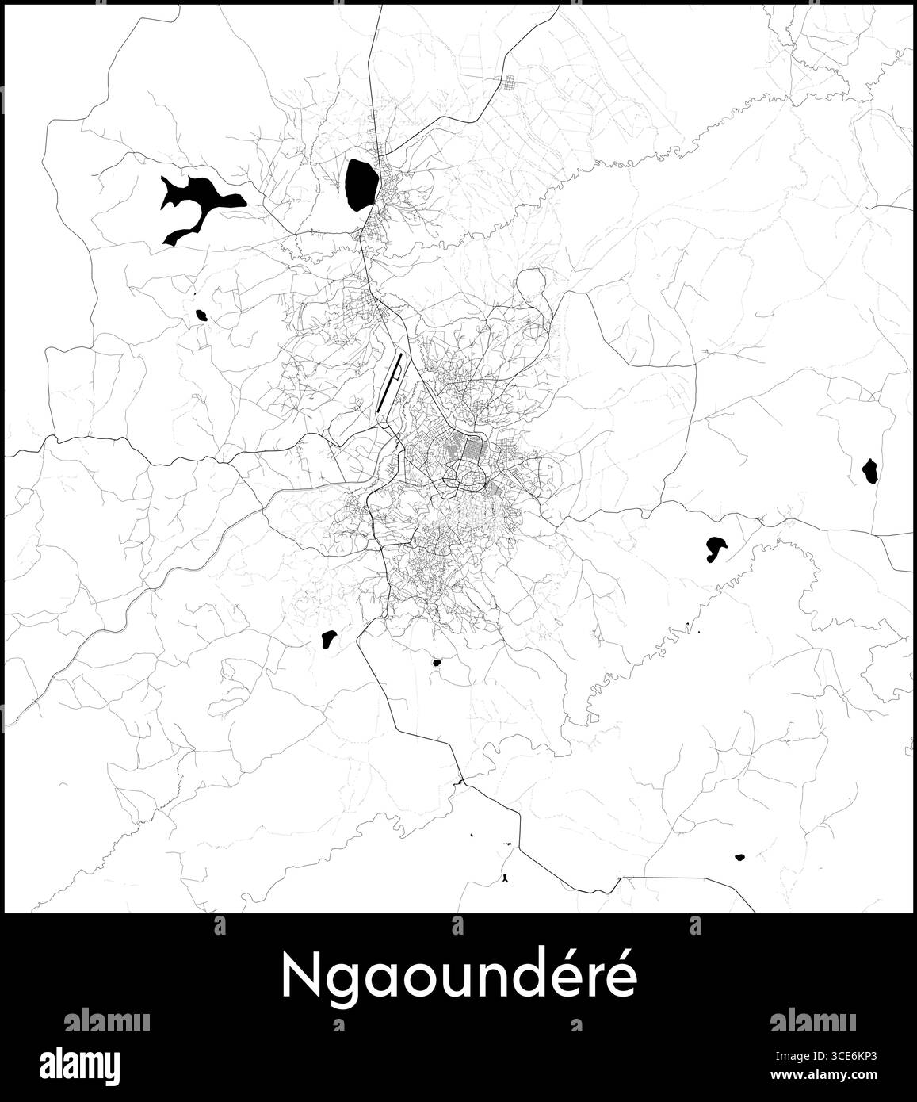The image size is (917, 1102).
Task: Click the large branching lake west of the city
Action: [x=198, y=198]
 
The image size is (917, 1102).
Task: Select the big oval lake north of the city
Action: [x=361, y=183]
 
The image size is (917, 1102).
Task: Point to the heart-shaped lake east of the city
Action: [x=715, y=547]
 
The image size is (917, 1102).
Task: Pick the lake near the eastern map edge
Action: [x=869, y=472]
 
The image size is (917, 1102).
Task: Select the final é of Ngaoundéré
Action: [x=620, y=978]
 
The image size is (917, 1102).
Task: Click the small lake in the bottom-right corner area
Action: [x=739, y=857]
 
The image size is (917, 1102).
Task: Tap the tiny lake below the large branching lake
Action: [x=201, y=316]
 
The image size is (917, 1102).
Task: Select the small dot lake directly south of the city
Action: [x=435, y=662]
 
